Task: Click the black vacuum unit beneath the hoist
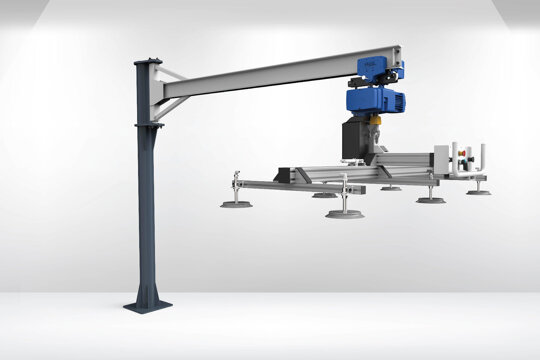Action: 356,138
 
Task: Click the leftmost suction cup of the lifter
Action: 236,204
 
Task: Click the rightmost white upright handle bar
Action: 482,158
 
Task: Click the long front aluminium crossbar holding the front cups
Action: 290,185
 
